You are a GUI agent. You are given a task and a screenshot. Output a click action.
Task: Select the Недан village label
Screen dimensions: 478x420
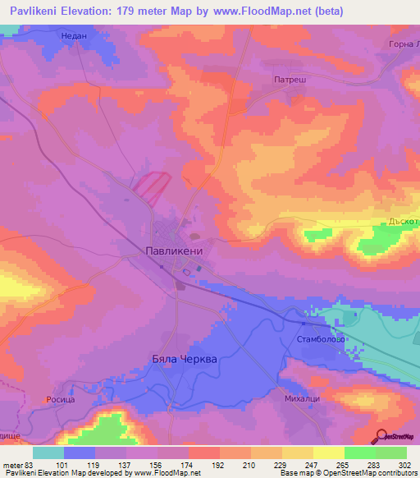[75, 36]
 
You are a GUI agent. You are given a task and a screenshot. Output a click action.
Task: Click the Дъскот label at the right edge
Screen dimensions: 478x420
[403, 222]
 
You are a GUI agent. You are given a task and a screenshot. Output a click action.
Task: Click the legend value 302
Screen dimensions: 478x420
[391, 464]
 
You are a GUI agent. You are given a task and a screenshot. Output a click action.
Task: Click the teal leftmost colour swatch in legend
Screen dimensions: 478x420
[48, 453]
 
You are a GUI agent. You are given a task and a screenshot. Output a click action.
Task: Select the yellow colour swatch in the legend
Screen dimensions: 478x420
[328, 453]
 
